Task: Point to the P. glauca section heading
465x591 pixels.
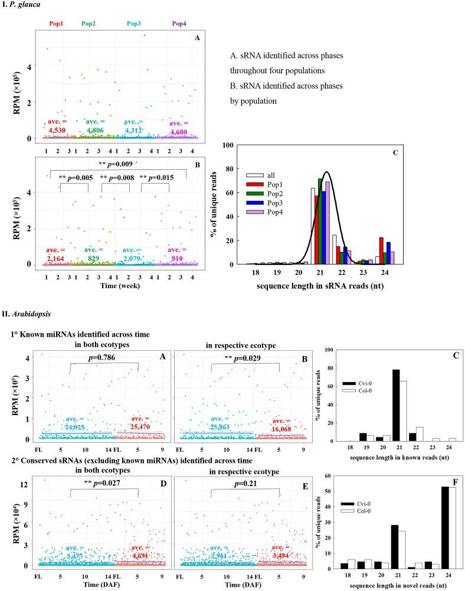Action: [24, 4]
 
